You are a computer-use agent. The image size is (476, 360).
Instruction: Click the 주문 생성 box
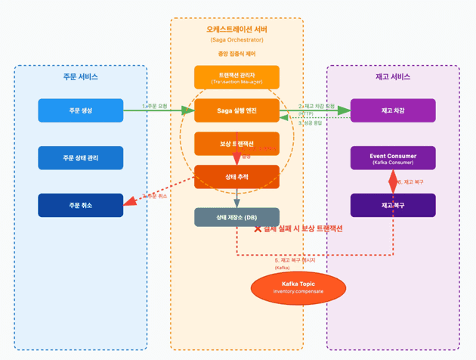click(80, 110)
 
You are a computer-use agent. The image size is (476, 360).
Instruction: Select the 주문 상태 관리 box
click(80, 158)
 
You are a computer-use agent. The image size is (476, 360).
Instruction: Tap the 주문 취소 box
click(80, 205)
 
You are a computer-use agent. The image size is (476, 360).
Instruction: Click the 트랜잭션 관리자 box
click(236, 77)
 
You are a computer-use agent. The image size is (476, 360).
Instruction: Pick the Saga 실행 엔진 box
click(236, 110)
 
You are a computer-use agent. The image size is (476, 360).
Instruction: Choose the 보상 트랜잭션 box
click(236, 144)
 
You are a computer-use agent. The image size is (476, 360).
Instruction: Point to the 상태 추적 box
click(236, 176)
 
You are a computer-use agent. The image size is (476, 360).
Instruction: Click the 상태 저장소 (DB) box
click(236, 217)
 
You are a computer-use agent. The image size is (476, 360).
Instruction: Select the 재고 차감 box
click(393, 110)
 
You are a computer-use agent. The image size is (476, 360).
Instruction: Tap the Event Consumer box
click(393, 158)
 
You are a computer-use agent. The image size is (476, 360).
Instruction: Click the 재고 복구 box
click(393, 205)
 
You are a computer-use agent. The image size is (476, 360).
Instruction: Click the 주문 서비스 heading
click(80, 77)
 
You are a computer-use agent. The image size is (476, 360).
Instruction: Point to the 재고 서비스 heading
click(393, 77)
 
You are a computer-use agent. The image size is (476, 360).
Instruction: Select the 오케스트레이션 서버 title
click(236, 29)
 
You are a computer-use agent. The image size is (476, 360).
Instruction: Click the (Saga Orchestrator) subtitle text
click(236, 40)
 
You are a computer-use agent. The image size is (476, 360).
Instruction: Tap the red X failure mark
click(258, 228)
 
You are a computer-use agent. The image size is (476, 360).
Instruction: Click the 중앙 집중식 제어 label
click(236, 54)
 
